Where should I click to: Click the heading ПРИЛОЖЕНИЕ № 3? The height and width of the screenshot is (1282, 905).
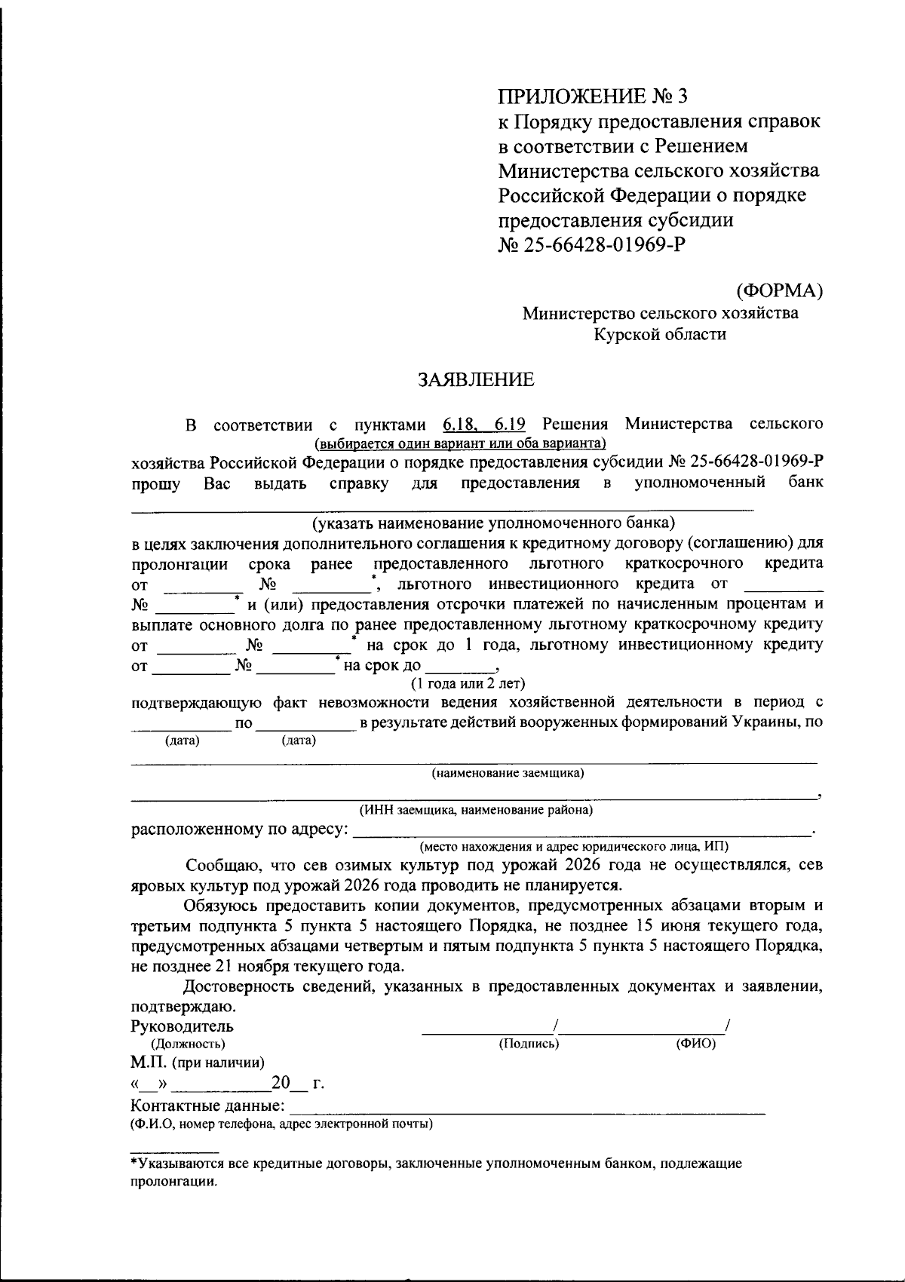tap(593, 96)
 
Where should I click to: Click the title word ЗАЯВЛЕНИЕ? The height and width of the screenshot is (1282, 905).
tap(476, 379)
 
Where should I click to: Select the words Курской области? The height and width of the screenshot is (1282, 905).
tap(660, 334)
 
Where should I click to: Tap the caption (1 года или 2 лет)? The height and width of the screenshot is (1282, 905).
tap(468, 683)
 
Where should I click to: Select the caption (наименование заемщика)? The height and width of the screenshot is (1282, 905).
tap(508, 773)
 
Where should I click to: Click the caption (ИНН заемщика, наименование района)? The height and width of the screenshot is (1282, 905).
tap(476, 810)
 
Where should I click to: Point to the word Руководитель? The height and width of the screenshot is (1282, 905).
tap(182, 1026)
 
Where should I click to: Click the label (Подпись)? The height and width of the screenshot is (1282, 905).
tap(529, 1044)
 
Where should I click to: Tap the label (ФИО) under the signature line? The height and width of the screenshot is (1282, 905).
tap(695, 1044)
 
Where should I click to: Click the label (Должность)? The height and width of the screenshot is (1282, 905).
tap(188, 1044)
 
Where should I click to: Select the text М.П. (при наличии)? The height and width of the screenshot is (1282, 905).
tap(197, 1063)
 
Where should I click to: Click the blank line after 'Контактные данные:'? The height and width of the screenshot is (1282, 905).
tap(528, 1106)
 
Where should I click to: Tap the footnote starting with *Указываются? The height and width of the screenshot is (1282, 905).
tap(435, 1164)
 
